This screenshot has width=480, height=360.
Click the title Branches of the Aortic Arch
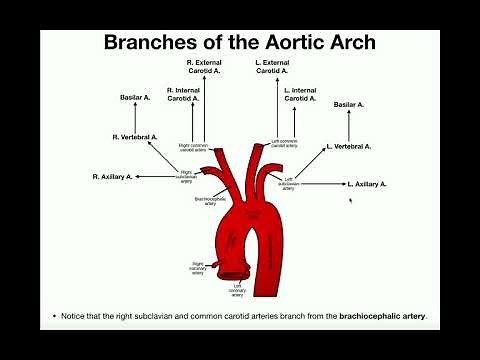239,43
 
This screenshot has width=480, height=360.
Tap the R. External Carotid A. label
205,67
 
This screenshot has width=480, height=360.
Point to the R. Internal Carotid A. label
183,94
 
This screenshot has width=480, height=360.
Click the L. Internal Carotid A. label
301,94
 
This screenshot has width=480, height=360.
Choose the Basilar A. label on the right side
348,104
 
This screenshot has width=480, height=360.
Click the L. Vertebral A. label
349,146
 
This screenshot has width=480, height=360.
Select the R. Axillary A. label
112,176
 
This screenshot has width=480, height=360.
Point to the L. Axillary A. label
367,184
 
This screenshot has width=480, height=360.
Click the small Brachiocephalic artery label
211,200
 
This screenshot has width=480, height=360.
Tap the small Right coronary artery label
199,267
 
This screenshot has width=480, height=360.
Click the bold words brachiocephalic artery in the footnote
383,316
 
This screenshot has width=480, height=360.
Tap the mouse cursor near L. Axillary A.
350,200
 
